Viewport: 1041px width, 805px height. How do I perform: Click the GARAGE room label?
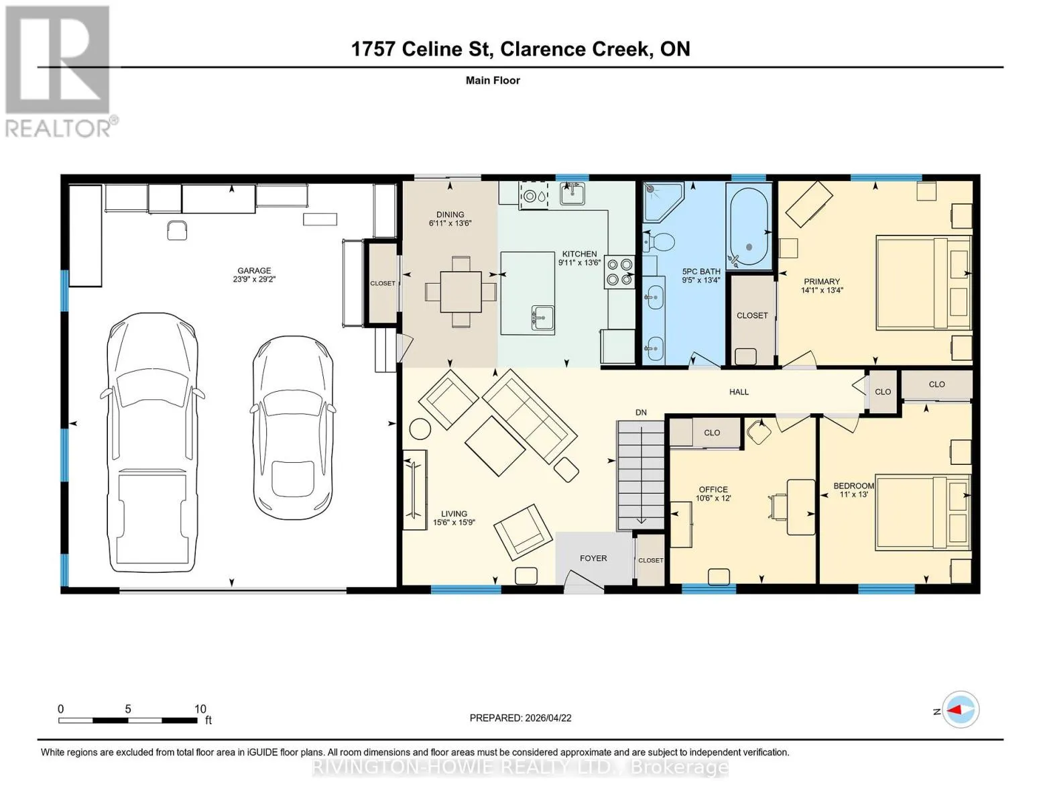coord(254,270)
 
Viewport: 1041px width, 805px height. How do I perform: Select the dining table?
coord(461,292)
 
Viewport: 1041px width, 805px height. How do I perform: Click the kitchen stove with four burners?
coord(619,272)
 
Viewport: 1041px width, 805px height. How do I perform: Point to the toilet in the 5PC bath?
coord(658,242)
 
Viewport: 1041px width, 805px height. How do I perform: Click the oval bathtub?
coord(749,227)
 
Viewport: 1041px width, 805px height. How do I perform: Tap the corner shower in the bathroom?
coord(662,202)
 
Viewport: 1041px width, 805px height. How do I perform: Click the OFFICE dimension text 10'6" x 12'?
coord(713,498)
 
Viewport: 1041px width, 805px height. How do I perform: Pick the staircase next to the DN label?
coord(641,475)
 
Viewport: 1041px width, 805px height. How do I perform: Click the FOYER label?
coord(593,558)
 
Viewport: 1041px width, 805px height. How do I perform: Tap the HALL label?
coord(739,392)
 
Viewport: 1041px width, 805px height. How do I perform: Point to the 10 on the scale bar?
coord(200,708)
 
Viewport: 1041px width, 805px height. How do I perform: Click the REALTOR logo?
coord(60,72)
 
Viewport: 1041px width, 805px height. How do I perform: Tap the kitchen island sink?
coord(542,317)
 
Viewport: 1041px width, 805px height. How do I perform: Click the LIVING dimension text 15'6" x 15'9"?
coord(454,522)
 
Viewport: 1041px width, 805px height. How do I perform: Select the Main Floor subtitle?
coord(493,80)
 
